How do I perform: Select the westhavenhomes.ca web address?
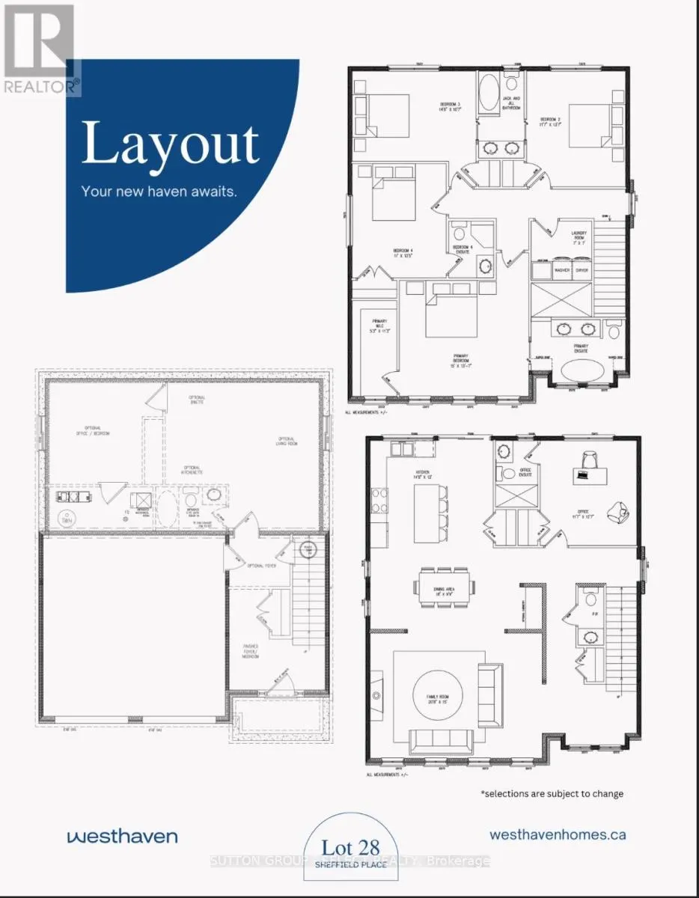[x=558, y=834]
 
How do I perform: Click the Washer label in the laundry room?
[x=561, y=270]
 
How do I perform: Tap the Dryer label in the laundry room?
[x=582, y=270]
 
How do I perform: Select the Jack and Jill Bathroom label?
[x=511, y=103]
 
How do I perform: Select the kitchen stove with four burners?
[x=379, y=498]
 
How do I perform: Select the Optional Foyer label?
[x=261, y=566]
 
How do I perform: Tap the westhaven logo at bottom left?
[x=121, y=834]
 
